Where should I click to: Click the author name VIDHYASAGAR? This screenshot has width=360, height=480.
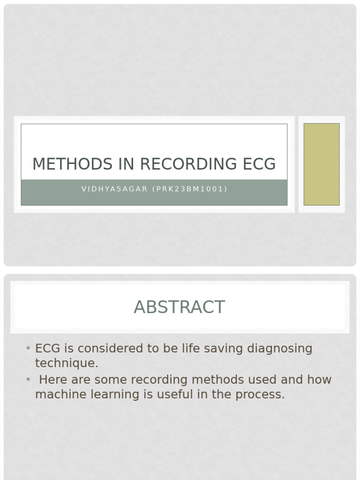coord(114,189)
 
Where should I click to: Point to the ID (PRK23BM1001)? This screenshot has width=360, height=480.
coord(190,189)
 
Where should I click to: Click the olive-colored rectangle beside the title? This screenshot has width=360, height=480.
coord(321,164)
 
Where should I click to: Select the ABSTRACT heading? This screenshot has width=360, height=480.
coord(180,307)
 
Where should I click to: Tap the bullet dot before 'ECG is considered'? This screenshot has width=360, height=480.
coord(28,348)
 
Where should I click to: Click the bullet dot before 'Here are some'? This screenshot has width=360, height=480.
coord(28,379)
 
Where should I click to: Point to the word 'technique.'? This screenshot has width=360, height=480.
coord(67,363)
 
